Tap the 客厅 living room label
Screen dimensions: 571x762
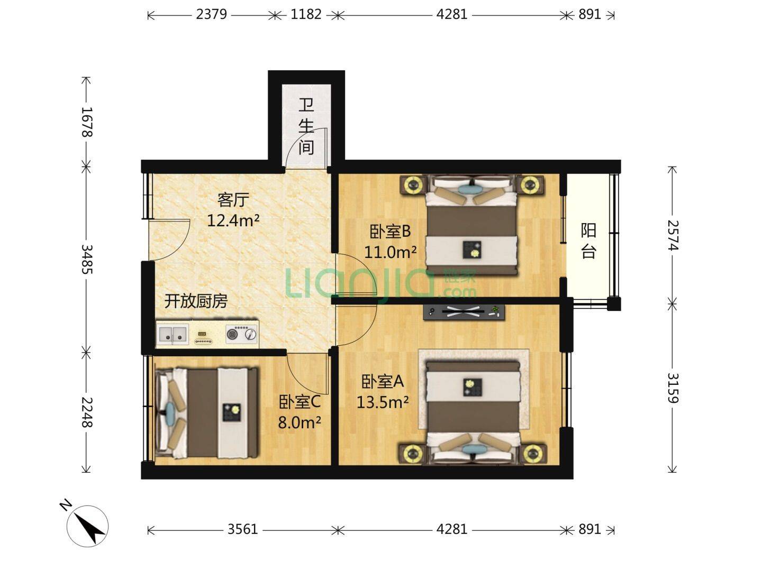tap(233, 200)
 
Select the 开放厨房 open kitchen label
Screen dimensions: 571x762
tap(196, 301)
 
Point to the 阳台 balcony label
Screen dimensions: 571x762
tap(588, 241)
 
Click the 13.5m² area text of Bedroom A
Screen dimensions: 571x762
tap(382, 403)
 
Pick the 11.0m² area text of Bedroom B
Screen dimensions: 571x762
tap(390, 252)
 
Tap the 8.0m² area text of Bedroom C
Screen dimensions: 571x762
tap(300, 422)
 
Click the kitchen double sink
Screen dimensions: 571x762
tap(173, 334)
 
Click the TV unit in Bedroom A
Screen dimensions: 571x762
tap(464, 312)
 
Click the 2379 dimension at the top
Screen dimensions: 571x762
tap(211, 14)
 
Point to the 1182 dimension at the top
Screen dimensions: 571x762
tap(306, 14)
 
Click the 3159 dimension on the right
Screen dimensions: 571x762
tap(673, 388)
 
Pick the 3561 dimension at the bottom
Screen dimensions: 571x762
tap(242, 529)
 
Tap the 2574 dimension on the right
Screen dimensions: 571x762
tap(673, 235)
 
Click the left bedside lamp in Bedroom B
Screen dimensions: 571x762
tap(413, 185)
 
